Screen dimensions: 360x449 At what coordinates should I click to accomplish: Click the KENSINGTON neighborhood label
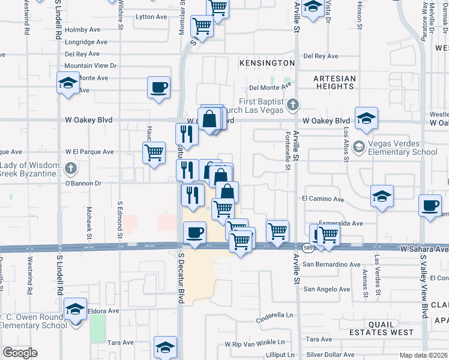267,62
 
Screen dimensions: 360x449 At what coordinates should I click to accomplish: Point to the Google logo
20,353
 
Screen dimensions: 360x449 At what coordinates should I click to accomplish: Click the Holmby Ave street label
82,29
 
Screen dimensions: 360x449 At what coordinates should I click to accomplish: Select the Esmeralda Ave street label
341,223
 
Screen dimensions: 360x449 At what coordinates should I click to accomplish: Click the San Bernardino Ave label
331,264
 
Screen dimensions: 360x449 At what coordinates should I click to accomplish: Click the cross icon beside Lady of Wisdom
71,167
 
